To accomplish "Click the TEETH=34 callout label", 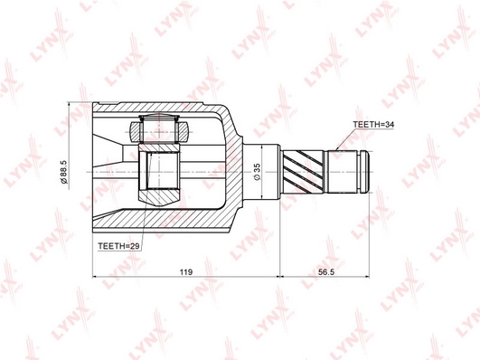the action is click(373, 125).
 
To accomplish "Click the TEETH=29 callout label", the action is click(118, 246).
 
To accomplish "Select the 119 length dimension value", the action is click(186, 271).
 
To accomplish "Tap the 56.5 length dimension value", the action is click(325, 271).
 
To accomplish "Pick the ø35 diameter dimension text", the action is click(257, 172).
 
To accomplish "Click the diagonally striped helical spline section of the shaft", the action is click(303, 172).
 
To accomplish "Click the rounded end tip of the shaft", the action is click(365, 172).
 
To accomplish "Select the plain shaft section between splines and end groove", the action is click(342, 172).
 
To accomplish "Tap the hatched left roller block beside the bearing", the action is click(135, 132).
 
